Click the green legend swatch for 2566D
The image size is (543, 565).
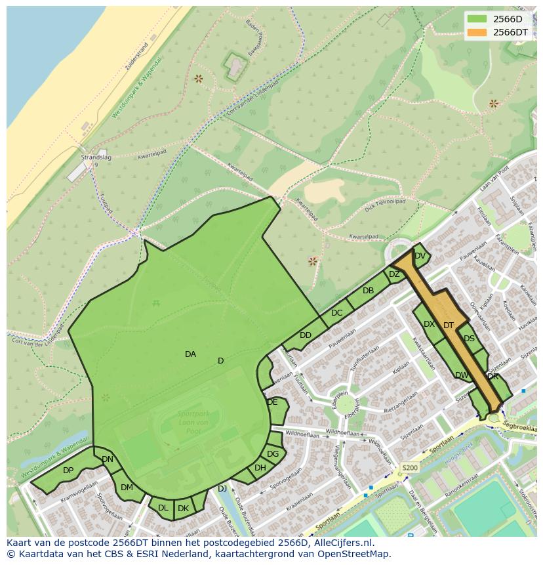point(477,19)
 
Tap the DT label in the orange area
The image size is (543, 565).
point(449,325)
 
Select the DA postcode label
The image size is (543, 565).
point(190,354)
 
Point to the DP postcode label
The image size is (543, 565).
point(68,471)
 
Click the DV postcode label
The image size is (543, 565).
point(420,256)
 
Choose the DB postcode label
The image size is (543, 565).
point(368,291)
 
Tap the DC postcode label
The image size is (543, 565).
point(336,313)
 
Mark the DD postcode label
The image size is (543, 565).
point(306,335)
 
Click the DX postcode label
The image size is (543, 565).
point(429,324)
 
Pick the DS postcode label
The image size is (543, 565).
point(469,339)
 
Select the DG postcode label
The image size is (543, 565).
point(273,454)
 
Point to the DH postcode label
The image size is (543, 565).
point(260,468)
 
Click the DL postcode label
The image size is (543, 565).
point(163,508)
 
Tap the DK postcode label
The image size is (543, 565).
point(184,509)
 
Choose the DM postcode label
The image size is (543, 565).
point(127,488)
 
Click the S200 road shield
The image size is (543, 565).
point(409,468)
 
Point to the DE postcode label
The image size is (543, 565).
point(272,402)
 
